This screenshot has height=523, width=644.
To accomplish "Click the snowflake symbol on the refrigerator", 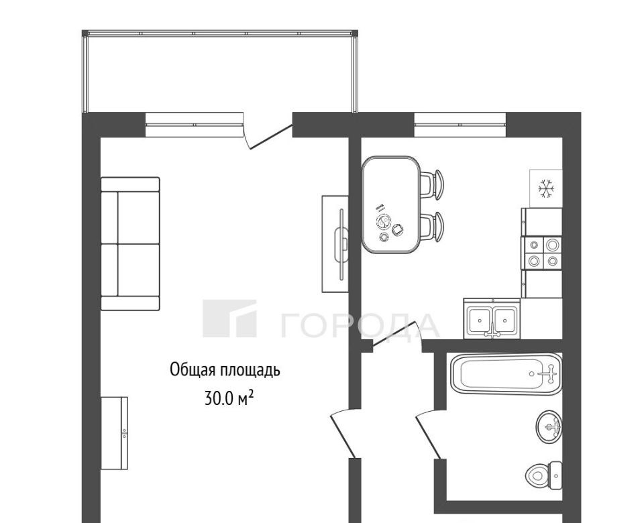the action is (x=546, y=189).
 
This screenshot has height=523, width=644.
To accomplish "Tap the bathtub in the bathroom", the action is (x=506, y=373).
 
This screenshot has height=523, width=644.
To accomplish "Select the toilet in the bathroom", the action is (x=544, y=475).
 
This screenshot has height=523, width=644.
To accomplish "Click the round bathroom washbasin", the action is (x=549, y=426).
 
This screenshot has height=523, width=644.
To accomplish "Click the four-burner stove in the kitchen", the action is (x=542, y=253).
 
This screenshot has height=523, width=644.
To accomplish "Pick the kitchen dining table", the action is (x=391, y=205).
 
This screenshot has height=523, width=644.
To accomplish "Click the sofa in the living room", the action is (x=130, y=244).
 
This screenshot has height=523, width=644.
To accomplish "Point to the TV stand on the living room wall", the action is (x=335, y=244).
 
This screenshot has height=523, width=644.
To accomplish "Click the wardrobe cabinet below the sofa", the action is (x=114, y=432).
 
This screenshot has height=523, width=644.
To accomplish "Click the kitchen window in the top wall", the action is (x=460, y=124).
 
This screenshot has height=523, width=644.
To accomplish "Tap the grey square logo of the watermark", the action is (x=229, y=318).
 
